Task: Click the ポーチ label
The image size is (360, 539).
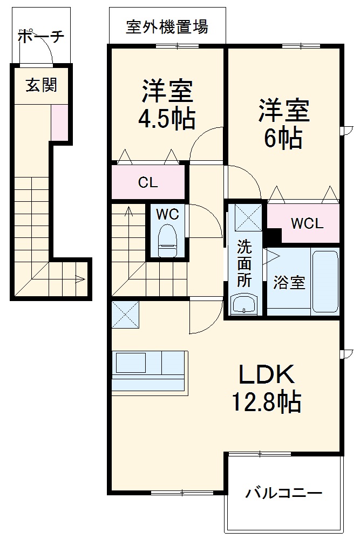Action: pyautogui.click(x=41, y=37)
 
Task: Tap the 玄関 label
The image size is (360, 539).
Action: pyautogui.click(x=41, y=85)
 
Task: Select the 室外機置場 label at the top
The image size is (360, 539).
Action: pyautogui.click(x=167, y=26)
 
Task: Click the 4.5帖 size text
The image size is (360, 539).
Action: pyautogui.click(x=168, y=118)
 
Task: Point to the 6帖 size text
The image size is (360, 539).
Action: pyautogui.click(x=283, y=139)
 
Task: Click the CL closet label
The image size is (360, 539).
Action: pyautogui.click(x=148, y=182)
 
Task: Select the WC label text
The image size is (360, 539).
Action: pyautogui.click(x=167, y=214)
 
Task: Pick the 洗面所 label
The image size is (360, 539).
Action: pyautogui.click(x=244, y=264)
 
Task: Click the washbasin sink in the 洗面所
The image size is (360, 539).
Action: pyautogui.click(x=244, y=304)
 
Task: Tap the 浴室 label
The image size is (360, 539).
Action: pyautogui.click(x=289, y=282)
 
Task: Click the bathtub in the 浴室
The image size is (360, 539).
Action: pyautogui.click(x=325, y=281)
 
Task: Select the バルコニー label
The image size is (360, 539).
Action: pyautogui.click(x=284, y=493)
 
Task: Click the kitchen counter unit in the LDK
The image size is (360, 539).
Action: pyautogui.click(x=149, y=371)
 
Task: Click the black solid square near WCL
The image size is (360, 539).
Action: pyautogui.click(x=274, y=236)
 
